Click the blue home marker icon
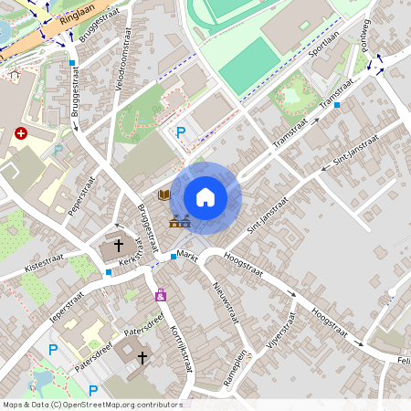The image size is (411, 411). [205, 196]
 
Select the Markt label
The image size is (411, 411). [188, 255]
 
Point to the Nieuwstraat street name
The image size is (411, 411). [225, 301]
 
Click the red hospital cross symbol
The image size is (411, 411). [21, 133]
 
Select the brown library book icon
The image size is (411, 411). [164, 195]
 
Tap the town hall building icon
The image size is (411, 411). [179, 220]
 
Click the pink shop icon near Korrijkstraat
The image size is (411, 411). [161, 295]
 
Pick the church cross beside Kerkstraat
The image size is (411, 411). [119, 246]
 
